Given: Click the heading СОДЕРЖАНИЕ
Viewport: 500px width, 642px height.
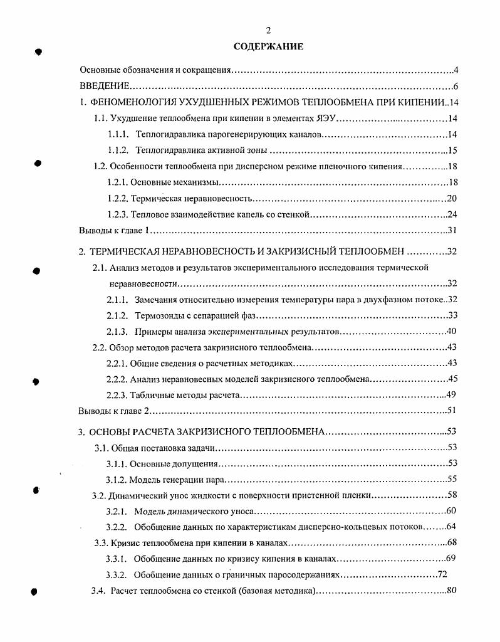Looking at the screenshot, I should [x=268, y=46].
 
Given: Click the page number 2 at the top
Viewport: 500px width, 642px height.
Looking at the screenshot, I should [x=268, y=31].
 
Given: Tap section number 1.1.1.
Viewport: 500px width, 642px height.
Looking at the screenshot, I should [x=118, y=135].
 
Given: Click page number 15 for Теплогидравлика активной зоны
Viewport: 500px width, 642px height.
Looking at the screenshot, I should [x=454, y=150].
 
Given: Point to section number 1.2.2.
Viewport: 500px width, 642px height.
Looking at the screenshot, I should [x=118, y=199].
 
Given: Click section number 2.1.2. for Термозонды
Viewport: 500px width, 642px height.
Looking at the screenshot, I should [x=118, y=315].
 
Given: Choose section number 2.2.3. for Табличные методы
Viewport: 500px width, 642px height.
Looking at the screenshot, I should [x=118, y=395].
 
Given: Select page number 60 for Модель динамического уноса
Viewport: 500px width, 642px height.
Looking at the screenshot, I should [x=452, y=512].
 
